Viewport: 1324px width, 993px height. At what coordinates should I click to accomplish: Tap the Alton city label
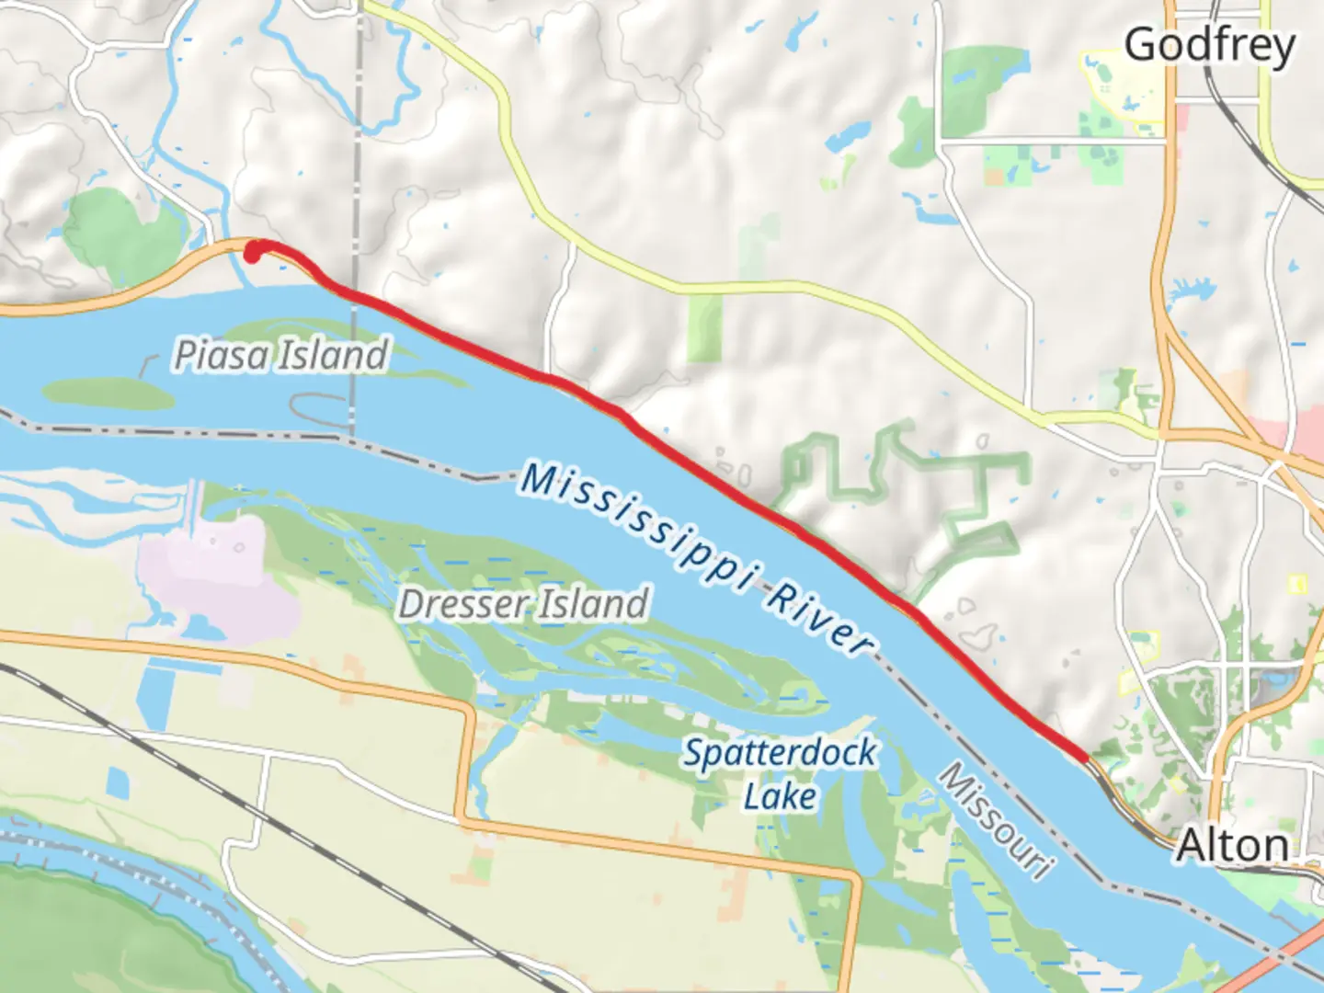pyautogui.click(x=1232, y=846)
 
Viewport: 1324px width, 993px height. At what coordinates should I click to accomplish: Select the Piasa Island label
pyautogui.click(x=282, y=355)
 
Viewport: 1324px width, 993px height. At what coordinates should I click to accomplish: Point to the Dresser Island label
pyautogui.click(x=524, y=604)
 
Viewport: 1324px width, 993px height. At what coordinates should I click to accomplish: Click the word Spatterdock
pyautogui.click(x=780, y=753)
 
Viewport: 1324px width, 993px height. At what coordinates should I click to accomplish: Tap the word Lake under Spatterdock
pyautogui.click(x=780, y=796)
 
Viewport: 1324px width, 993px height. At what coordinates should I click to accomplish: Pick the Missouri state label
pyautogui.click(x=995, y=820)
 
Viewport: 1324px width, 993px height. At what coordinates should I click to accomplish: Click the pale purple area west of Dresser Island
pyautogui.click(x=221, y=570)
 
